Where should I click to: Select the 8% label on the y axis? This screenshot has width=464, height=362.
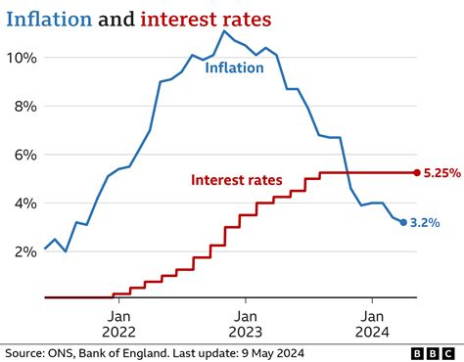click(x=23, y=107)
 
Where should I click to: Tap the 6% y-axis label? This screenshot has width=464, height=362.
click(x=23, y=155)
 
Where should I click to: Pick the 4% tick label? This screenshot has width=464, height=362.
click(x=23, y=204)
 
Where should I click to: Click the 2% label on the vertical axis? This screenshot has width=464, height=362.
click(x=23, y=251)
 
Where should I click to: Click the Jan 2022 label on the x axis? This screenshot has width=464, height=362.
click(x=117, y=324)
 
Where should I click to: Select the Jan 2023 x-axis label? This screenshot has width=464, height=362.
click(x=246, y=324)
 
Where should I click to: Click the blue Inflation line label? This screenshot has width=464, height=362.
click(x=236, y=68)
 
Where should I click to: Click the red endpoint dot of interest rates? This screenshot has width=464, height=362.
click(x=416, y=173)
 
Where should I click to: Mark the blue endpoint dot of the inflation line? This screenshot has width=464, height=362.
click(x=403, y=223)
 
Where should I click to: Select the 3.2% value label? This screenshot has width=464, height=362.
click(x=426, y=224)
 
